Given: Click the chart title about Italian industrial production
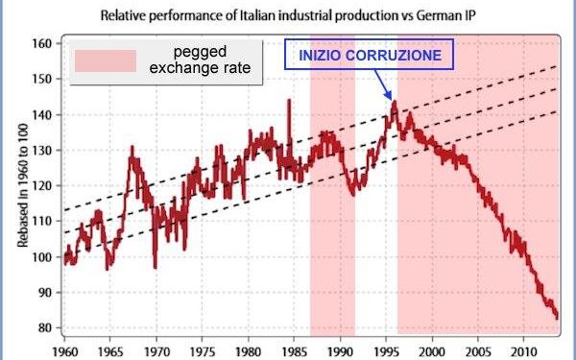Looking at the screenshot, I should point(288,13).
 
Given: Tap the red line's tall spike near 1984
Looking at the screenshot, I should point(288,101).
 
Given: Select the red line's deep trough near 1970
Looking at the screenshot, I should point(155,267).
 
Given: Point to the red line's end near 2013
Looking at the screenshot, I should point(557,316).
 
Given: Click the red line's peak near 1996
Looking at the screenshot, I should point(393,103).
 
